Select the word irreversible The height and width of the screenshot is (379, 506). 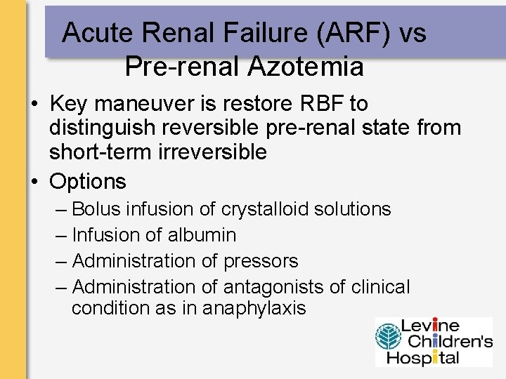[x=212, y=152]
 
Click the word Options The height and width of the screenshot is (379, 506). [x=88, y=182]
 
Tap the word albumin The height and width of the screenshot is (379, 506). [x=202, y=235]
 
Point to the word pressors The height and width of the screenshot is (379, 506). [x=261, y=261]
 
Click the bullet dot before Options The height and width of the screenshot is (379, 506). [x=34, y=182]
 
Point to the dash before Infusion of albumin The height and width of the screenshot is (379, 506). [x=60, y=235]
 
